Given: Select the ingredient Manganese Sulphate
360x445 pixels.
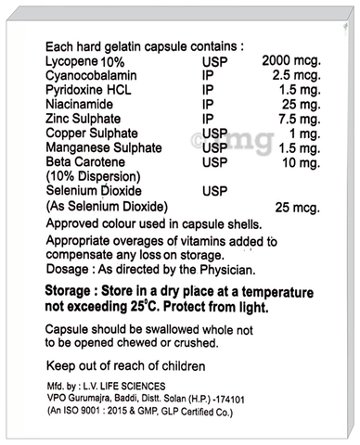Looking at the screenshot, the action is click(101, 162).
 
